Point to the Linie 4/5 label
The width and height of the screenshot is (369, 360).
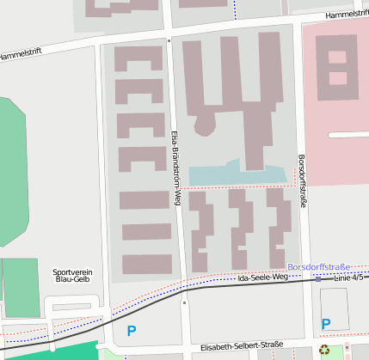point(349,278)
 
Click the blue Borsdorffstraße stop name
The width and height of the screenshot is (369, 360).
point(320,268)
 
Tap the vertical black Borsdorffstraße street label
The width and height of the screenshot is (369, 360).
point(302,180)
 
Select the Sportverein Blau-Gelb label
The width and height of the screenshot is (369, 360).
point(72,275)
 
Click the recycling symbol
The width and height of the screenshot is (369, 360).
point(324,350)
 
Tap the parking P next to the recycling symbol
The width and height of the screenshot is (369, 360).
point(325,323)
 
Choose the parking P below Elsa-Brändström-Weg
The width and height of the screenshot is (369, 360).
point(132,330)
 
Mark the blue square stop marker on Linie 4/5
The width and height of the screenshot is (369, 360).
point(317,279)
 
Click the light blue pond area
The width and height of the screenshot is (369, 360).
point(237,174)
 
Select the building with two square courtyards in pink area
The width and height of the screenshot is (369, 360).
point(336,65)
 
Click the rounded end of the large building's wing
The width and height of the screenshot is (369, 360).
point(206,125)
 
